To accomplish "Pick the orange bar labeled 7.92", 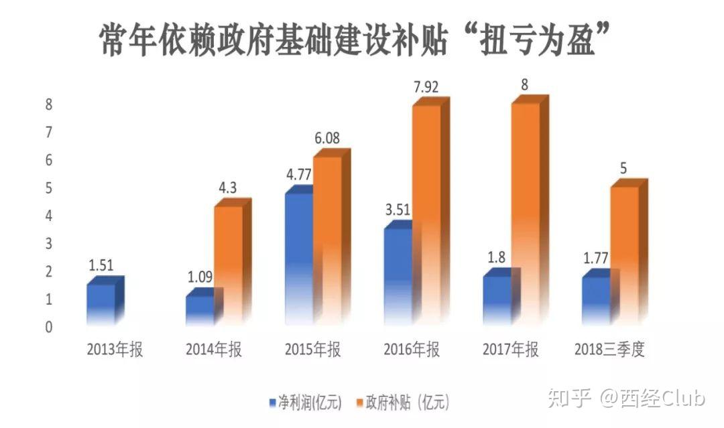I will pyautogui.click(x=426, y=214).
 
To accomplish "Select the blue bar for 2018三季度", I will pyautogui.click(x=596, y=300).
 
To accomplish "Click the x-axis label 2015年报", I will pyautogui.click(x=313, y=350).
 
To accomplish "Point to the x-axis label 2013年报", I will pyautogui.click(x=115, y=350).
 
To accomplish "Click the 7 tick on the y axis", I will pyautogui.click(x=48, y=132).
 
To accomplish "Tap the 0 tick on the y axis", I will pyautogui.click(x=48, y=328).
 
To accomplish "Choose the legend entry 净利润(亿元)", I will pyautogui.click(x=305, y=403).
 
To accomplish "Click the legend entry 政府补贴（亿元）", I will pyautogui.click(x=402, y=403).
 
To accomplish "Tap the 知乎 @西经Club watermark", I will pyautogui.click(x=626, y=399).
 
